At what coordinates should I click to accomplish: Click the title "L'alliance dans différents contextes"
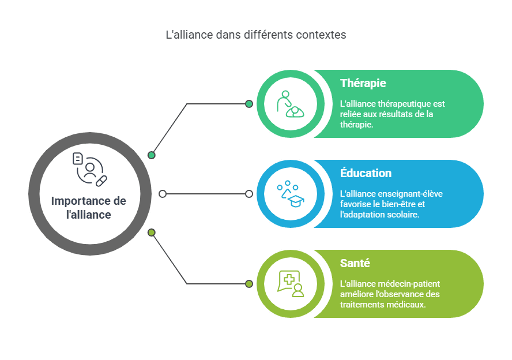256,35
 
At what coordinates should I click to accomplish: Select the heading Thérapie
363,83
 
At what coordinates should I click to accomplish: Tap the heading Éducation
366,173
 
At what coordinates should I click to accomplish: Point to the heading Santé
355,263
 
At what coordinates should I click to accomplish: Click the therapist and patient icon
290,104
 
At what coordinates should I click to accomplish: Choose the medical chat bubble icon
290,284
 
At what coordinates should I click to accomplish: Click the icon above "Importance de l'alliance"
90,169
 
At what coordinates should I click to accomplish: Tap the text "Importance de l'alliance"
89,208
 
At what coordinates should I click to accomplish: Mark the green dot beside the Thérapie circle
249,104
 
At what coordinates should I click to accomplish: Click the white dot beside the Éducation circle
249,194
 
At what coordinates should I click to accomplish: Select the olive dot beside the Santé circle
249,284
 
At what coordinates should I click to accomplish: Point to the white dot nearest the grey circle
163,194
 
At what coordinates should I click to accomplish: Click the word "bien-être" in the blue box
398,204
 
